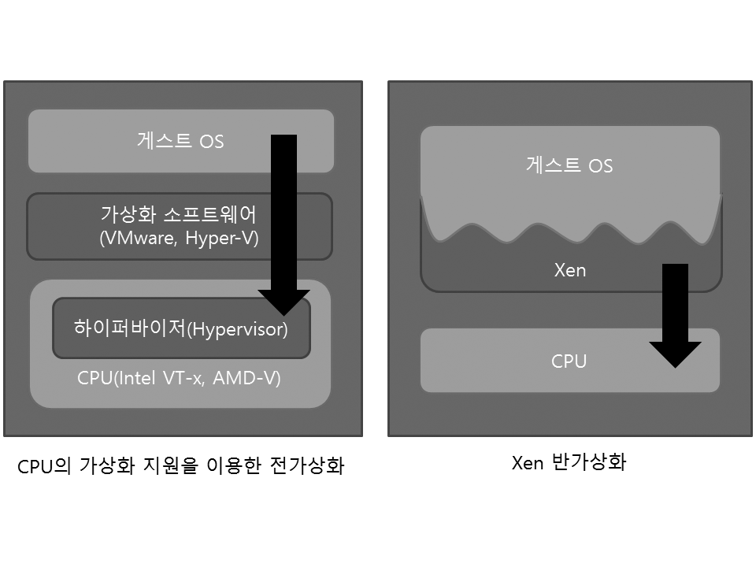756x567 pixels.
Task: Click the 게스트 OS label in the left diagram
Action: coord(180,142)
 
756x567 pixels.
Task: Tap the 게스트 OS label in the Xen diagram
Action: coord(569,165)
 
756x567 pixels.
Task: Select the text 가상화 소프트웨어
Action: coord(179,214)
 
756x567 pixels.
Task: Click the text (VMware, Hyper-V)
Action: coord(179,239)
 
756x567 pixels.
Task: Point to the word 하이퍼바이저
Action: coord(129,329)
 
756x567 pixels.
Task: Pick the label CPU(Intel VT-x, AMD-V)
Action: coord(179,377)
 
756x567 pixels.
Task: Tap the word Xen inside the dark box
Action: coord(569,270)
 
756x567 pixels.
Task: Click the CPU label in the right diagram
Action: coord(569,361)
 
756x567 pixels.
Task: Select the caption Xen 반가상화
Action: coord(569,462)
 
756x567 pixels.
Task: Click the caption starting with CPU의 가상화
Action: coord(180,466)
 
